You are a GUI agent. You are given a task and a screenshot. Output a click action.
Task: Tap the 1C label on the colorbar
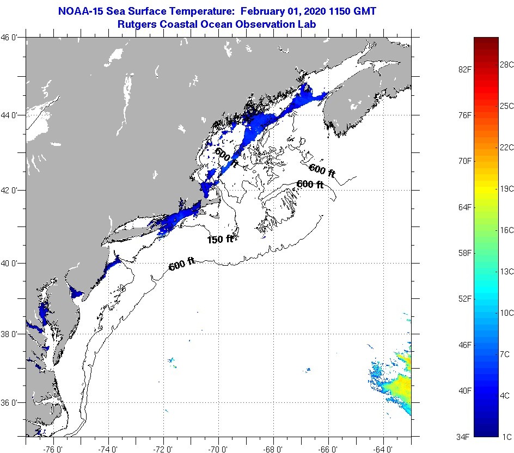pyautogui.click(x=506, y=437)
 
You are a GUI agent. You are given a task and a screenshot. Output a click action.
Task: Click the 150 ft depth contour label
pyautogui.click(x=220, y=239)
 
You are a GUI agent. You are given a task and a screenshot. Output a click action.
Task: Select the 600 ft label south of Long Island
pyautogui.click(x=182, y=265)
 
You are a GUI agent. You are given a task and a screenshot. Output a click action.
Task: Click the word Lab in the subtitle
pyautogui.click(x=308, y=24)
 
